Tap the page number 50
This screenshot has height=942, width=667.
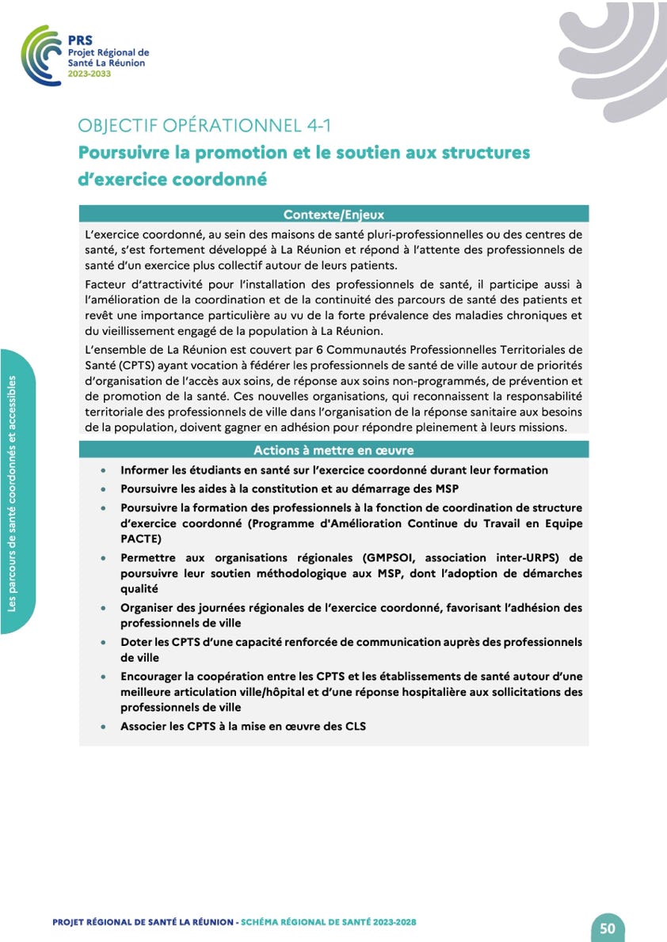point(608,927)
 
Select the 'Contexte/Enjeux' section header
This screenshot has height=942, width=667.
point(333,214)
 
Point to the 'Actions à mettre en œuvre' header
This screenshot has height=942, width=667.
point(333,450)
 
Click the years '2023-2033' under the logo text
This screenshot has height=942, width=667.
point(90,74)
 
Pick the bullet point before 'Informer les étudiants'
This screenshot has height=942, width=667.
point(105,470)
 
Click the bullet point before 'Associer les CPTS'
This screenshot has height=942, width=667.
point(105,726)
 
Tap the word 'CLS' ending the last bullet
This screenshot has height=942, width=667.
point(353,726)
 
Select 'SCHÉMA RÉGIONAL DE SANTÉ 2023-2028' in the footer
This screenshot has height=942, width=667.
point(328,922)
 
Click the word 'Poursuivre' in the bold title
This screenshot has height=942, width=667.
point(122,152)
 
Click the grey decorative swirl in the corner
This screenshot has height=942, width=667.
point(618,55)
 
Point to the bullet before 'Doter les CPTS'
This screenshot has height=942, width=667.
point(105,642)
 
